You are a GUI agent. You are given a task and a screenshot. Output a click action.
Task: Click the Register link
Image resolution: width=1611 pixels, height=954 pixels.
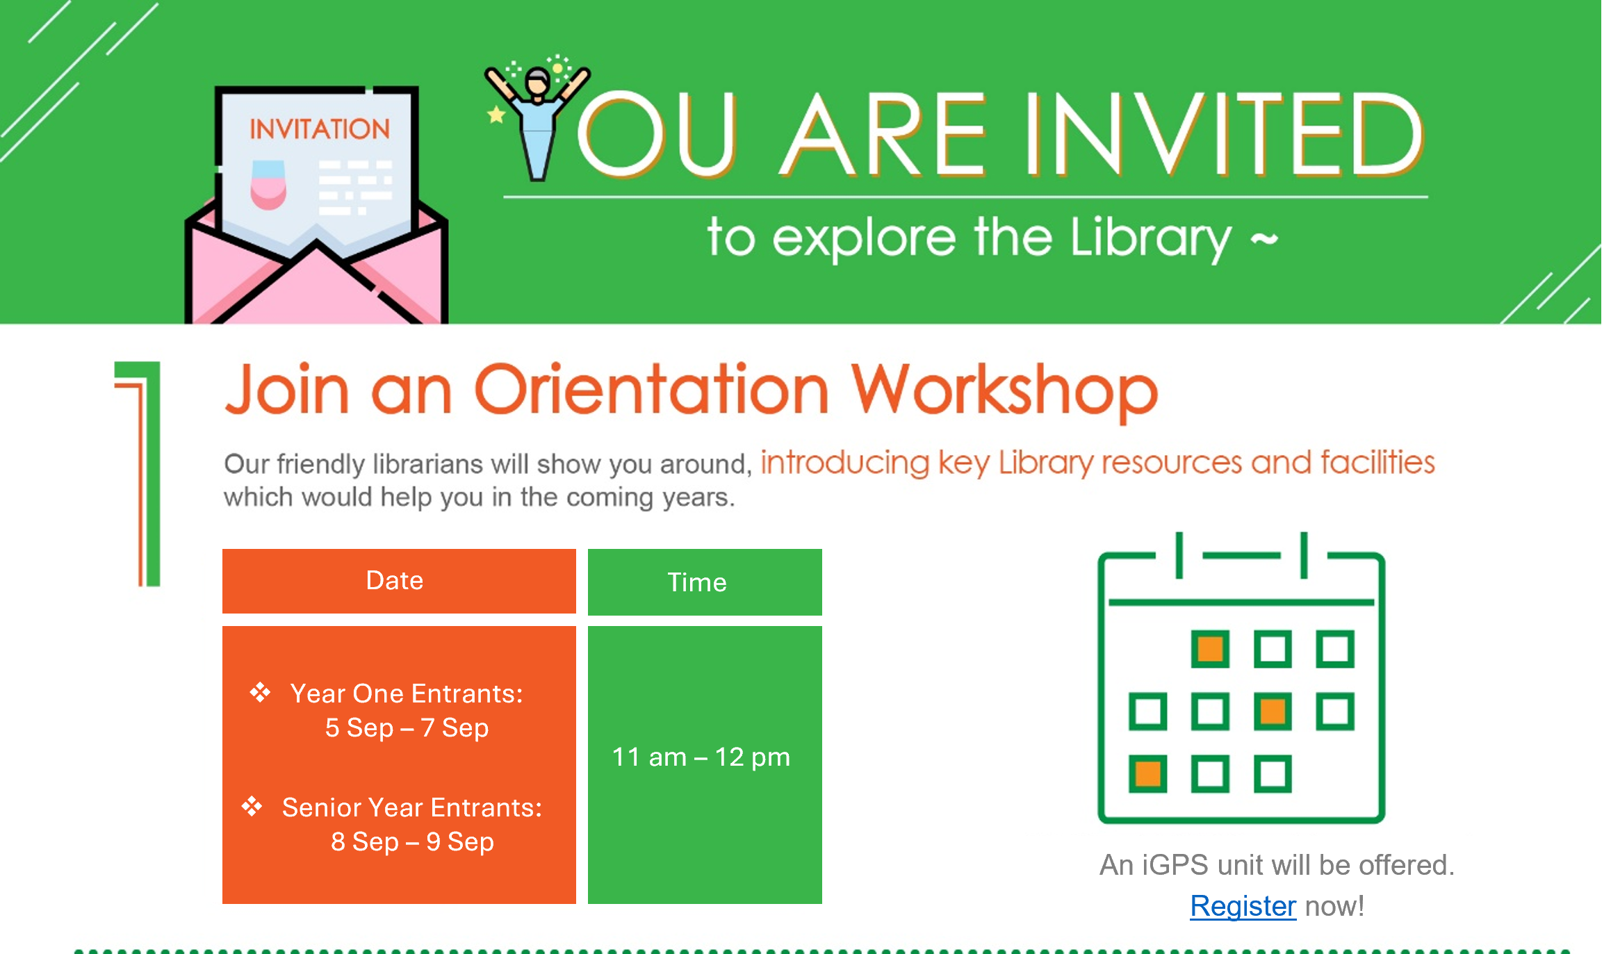[1243, 906]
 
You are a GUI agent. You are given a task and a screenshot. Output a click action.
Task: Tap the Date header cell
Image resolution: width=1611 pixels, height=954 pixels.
[399, 581]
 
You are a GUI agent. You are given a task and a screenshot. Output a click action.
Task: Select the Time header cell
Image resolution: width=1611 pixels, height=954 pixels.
[705, 582]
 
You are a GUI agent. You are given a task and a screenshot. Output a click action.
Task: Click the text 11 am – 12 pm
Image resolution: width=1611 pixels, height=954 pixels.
[701, 757]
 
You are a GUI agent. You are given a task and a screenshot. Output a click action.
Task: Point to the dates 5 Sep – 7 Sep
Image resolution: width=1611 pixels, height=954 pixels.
[407, 727]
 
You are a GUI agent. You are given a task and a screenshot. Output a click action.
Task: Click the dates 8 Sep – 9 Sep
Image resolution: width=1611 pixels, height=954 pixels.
[412, 841]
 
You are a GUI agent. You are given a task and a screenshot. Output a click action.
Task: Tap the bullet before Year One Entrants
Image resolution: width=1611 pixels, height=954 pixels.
[260, 692]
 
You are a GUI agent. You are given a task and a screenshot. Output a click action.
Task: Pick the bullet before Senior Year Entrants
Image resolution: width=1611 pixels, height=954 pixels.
[252, 806]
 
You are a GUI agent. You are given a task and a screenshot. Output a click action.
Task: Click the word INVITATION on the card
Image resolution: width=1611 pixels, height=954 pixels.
[320, 129]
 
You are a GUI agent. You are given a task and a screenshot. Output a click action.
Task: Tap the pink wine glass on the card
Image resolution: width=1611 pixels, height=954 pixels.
[268, 185]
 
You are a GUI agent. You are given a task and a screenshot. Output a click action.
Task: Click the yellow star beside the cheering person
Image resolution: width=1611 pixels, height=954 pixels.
[496, 115]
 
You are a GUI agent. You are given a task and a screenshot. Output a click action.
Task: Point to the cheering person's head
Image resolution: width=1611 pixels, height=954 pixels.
[537, 83]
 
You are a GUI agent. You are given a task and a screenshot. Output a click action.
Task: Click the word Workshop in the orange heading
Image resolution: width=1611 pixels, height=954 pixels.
[1005, 391]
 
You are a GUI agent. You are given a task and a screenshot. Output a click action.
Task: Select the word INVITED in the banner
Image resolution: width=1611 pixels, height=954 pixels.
[1224, 133]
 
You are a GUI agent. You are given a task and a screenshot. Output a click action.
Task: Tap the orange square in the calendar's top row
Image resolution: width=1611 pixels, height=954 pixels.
[1210, 649]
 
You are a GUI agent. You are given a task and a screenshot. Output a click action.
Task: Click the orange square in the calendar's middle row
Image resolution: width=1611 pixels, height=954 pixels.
[1273, 712]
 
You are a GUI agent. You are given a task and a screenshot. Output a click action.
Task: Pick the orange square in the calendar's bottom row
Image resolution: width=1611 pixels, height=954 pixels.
[1147, 774]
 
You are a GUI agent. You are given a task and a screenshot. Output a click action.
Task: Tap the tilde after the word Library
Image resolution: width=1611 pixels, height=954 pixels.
[1264, 240]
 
